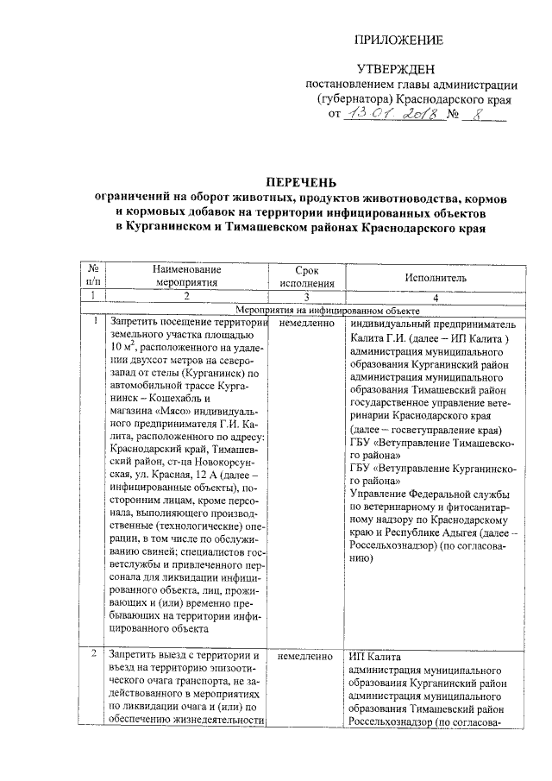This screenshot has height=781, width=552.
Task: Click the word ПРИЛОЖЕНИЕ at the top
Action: coord(400,41)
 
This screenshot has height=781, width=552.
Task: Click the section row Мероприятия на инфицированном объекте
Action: coord(327,310)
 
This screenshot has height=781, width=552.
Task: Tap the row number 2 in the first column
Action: coord(94,655)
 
